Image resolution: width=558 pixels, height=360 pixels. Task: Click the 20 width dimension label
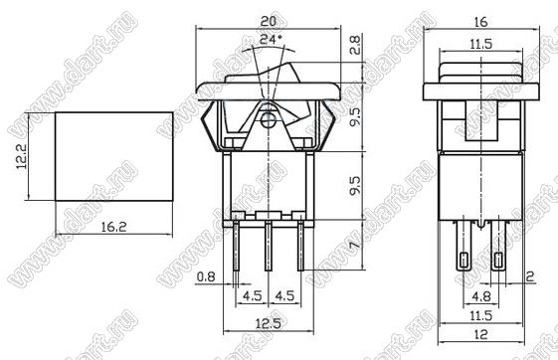click(x=268, y=21)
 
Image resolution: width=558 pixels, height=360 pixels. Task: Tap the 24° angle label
click(x=272, y=39)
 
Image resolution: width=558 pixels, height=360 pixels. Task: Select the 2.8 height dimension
click(x=354, y=45)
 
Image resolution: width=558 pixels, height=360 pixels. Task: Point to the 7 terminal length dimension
click(x=354, y=245)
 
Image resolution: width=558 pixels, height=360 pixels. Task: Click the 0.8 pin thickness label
click(x=206, y=276)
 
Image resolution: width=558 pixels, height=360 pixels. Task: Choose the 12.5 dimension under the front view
click(x=269, y=323)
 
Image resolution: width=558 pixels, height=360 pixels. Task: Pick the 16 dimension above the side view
click(x=480, y=22)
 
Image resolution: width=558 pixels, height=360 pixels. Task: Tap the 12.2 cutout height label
click(x=21, y=156)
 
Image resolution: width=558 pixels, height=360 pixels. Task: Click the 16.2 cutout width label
click(x=113, y=227)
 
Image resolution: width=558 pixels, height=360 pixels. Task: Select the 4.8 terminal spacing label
click(x=481, y=296)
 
